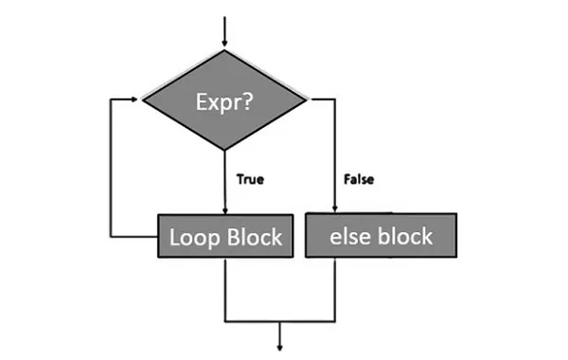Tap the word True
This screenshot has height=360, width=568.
(x=251, y=177)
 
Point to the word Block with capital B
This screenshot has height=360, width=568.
(x=253, y=236)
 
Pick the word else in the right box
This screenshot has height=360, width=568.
(x=352, y=236)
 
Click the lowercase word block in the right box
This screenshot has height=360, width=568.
(x=407, y=236)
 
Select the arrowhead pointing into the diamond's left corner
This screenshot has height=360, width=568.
(x=137, y=98)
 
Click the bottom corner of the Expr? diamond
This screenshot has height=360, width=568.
(x=225, y=150)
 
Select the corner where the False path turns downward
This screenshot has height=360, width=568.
(x=337, y=98)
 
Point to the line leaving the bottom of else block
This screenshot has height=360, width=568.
(x=337, y=289)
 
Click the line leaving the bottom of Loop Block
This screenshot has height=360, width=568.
(x=225, y=289)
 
